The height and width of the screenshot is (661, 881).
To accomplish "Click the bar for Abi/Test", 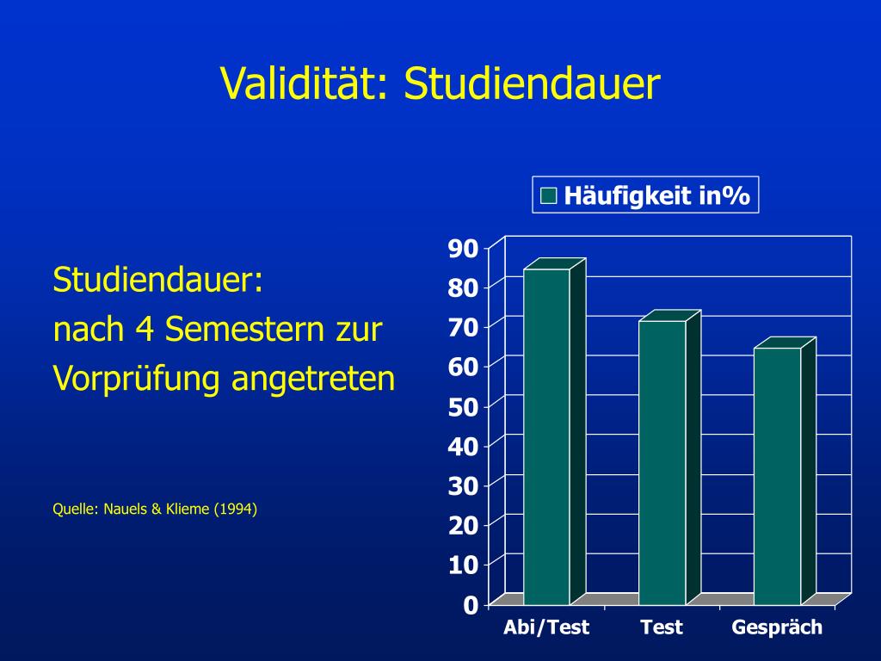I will point(546,436).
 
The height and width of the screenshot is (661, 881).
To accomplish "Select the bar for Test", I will point(662,462).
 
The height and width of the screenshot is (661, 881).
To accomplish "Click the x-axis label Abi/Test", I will point(546,627).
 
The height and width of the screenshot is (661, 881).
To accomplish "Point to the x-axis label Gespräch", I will point(777,627).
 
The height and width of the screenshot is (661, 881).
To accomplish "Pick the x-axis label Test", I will point(662,627).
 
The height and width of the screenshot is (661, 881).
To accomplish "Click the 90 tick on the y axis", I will point(462,248).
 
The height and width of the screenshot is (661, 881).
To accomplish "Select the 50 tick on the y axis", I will point(462,407).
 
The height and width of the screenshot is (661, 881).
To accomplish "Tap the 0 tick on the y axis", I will point(470,606).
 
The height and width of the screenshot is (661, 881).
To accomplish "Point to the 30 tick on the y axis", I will point(462,486).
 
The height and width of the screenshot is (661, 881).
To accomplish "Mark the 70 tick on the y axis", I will point(462,327).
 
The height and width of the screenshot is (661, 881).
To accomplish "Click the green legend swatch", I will point(549,196).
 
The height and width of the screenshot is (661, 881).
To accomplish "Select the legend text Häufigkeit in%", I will point(657,196).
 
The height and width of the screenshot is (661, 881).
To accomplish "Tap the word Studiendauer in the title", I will point(532,83).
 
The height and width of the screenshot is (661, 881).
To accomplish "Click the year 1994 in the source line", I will point(236,509).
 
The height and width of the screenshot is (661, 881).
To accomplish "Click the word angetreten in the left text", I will point(313,379).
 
